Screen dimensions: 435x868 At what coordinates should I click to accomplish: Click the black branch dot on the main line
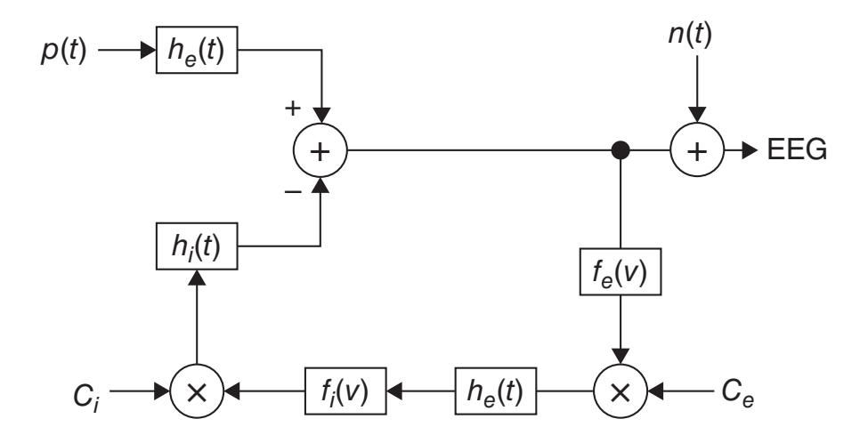[x=616, y=150]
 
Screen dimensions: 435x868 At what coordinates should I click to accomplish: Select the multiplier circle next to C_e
[x=616, y=390]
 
